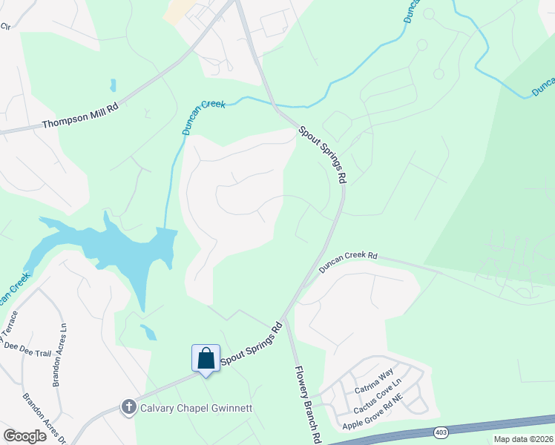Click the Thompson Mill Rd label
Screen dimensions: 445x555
pos(80,114)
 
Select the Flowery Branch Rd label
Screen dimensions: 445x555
pos(306,404)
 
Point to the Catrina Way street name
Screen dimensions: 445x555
pos(373,384)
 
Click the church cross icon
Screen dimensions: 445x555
pos(128,406)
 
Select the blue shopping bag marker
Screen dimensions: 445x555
pos(206,358)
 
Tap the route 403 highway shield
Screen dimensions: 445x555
pos(442,432)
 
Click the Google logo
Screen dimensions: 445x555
pos(24,435)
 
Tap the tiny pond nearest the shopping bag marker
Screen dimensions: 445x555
pos(148,332)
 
